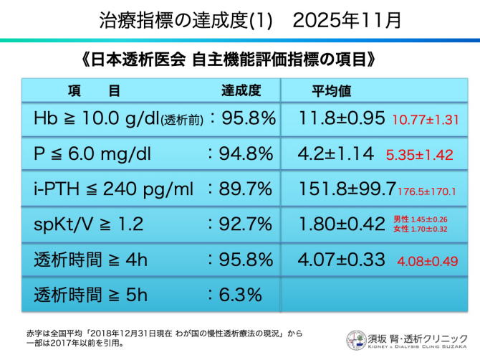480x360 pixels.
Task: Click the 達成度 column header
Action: click(x=240, y=91)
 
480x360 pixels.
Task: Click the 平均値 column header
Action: click(x=331, y=91)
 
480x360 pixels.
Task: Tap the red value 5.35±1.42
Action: click(x=419, y=154)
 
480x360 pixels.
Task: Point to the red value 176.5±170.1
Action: click(x=438, y=191)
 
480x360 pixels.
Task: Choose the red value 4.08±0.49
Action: click(x=428, y=261)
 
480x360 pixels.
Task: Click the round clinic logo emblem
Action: click(x=356, y=340)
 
